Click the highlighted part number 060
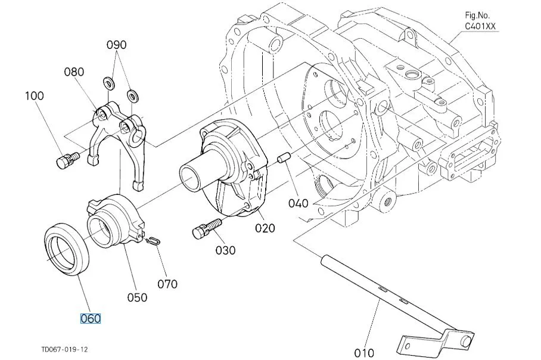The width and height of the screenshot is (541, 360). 91,318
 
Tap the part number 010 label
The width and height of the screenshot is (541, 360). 364,353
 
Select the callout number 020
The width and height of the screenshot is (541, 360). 265,228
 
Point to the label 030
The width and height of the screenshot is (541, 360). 226,250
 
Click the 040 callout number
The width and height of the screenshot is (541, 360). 299,203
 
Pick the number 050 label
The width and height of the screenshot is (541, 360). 137,297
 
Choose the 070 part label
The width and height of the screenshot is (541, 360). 167,284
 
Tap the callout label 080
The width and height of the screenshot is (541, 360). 74,72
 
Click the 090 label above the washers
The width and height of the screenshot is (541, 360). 117,45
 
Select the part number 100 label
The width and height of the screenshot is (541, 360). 35,95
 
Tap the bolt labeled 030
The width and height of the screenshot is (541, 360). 206,228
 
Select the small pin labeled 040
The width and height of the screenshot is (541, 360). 284,160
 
